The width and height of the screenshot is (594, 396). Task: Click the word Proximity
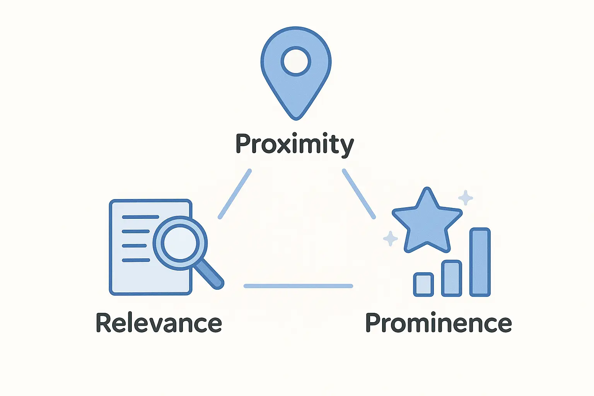coord(295,144)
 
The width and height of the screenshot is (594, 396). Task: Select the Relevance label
coord(159,323)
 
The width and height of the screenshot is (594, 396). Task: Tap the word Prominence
coord(439,323)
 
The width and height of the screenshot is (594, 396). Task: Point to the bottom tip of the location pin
coord(296,117)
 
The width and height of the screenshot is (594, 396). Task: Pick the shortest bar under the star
coord(423,285)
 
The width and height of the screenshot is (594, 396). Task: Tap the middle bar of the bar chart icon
coord(452,278)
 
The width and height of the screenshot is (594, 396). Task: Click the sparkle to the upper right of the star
coord(466,198)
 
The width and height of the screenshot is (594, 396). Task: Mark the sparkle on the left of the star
coord(390,238)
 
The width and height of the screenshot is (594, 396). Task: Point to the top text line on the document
coord(140,217)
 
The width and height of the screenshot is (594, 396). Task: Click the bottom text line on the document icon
coord(136,260)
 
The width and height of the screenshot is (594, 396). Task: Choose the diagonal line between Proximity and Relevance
coord(235,194)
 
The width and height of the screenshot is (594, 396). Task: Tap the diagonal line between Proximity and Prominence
coord(359,194)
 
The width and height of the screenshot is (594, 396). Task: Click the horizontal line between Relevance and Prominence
coord(298,286)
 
